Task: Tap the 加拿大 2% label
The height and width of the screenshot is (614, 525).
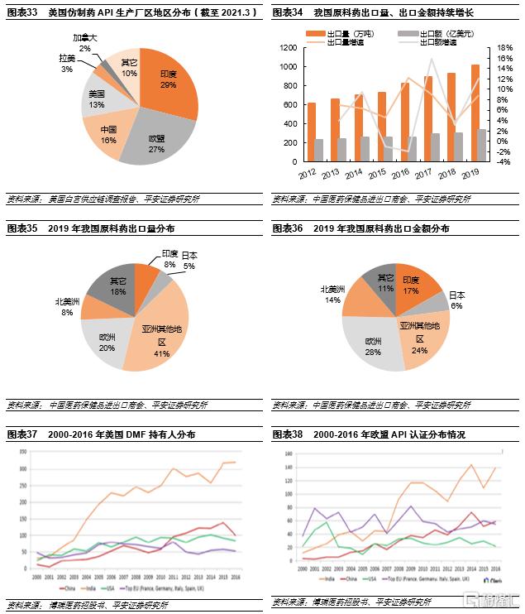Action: tap(84, 43)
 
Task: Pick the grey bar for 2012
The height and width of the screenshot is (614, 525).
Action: tap(319, 151)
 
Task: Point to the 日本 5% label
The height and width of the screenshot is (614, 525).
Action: tap(189, 260)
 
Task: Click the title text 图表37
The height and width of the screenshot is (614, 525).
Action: tap(22, 434)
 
